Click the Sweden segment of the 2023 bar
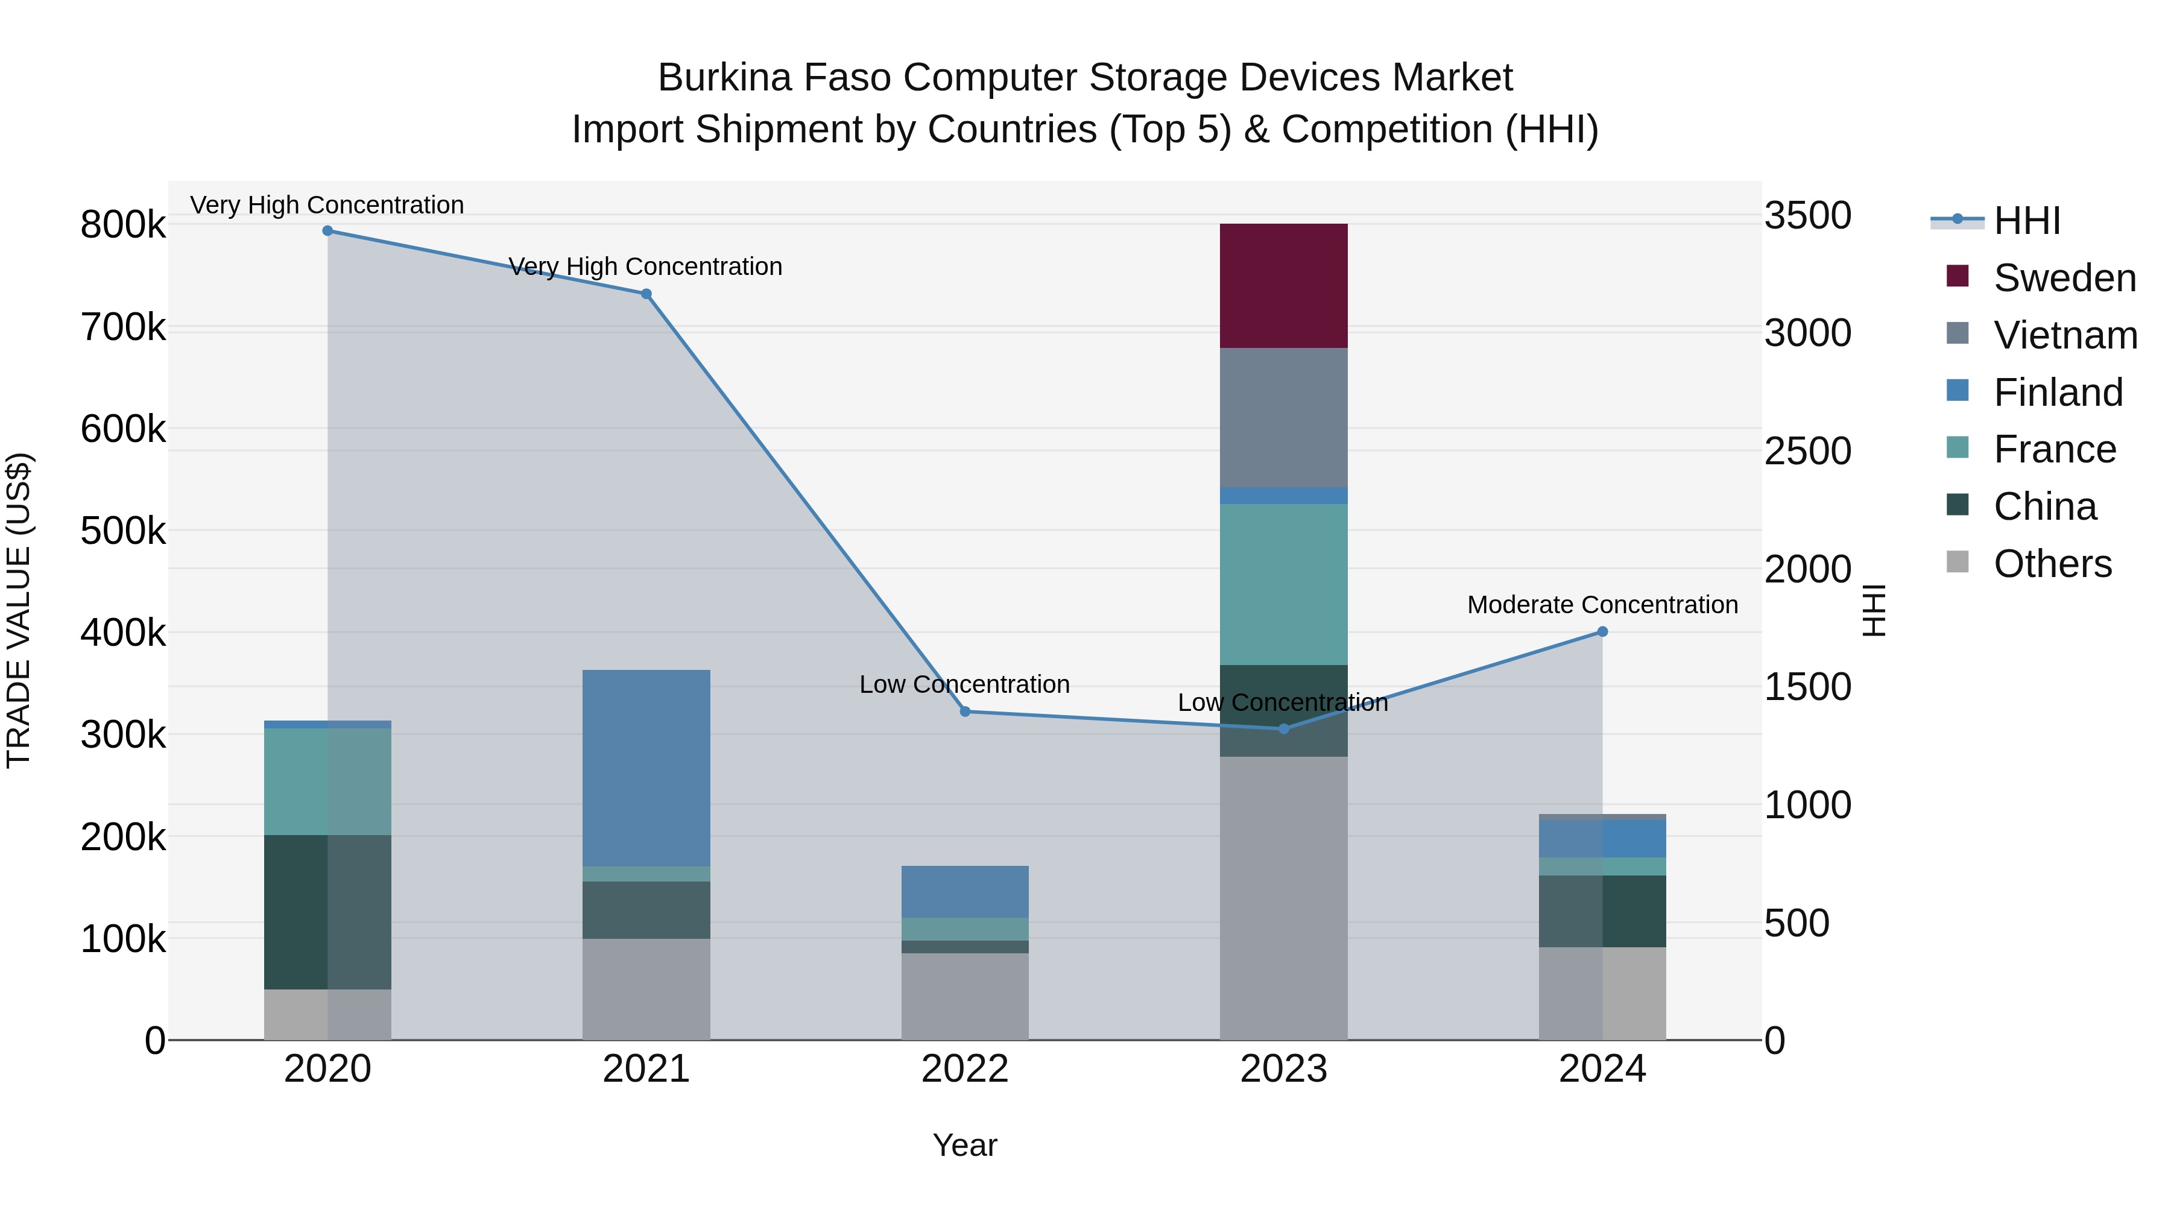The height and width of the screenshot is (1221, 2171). tap(1283, 286)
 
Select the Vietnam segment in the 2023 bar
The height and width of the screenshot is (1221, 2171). tap(1283, 417)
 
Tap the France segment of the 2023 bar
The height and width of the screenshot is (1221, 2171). tap(1283, 584)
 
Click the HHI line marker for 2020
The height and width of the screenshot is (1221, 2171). tap(328, 231)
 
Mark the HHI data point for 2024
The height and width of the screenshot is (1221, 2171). tap(1602, 631)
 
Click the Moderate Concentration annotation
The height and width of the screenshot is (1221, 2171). tap(1602, 605)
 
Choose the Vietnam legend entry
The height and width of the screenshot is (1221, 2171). tap(2065, 335)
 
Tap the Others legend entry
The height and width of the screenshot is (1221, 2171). tap(2052, 564)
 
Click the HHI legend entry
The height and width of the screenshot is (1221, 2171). tap(2026, 221)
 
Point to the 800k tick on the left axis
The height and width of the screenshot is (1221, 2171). tap(123, 225)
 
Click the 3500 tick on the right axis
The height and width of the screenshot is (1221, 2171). tap(1808, 216)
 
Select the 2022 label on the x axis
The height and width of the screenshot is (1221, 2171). tap(965, 1069)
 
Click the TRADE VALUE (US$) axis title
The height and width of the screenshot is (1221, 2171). tap(19, 610)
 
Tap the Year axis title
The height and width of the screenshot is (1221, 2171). tap(965, 1145)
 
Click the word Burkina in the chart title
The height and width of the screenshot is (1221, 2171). tap(725, 78)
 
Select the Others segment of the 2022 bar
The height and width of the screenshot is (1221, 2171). tap(965, 996)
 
